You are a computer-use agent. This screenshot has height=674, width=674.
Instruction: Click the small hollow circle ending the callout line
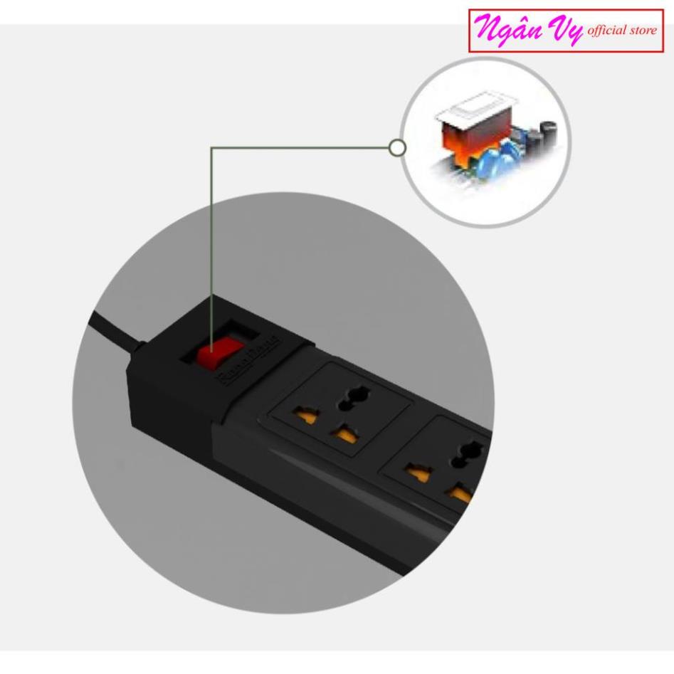(x=399, y=147)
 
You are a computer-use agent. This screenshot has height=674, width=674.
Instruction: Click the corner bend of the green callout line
(x=212, y=148)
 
